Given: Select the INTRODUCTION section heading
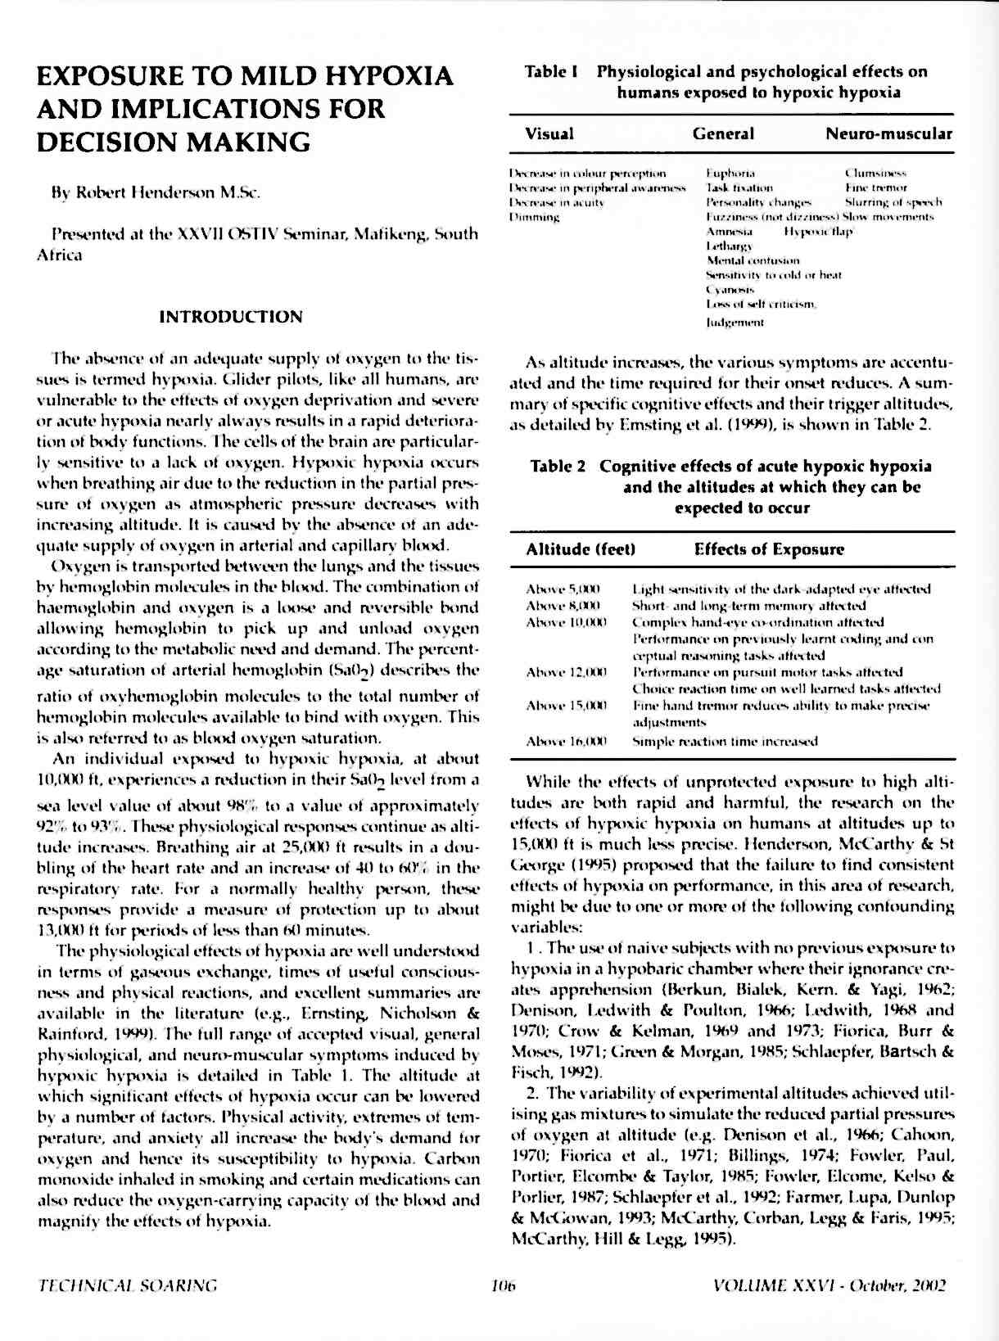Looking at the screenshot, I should pyautogui.click(x=231, y=317).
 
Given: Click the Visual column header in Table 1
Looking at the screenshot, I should pyautogui.click(x=549, y=133).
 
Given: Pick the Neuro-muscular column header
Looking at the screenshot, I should pyautogui.click(x=888, y=133).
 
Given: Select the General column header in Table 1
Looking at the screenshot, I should pyautogui.click(x=723, y=133).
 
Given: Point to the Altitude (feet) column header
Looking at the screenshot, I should pyautogui.click(x=581, y=549).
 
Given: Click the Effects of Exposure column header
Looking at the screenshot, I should pyautogui.click(x=769, y=549).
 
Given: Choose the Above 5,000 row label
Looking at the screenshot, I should pyautogui.click(x=563, y=589).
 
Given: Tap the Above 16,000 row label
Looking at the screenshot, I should pyautogui.click(x=566, y=742).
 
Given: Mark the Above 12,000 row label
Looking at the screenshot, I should pyautogui.click(x=566, y=672).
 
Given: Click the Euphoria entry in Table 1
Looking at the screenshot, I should pyautogui.click(x=730, y=174).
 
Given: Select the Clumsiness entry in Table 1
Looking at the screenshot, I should pyautogui.click(x=875, y=174).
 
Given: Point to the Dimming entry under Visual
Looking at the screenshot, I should pyautogui.click(x=535, y=217).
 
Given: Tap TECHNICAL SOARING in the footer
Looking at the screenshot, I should pyautogui.click(x=128, y=1285).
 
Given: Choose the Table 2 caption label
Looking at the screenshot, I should pyautogui.click(x=558, y=467).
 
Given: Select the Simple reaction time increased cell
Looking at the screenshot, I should pyautogui.click(x=725, y=742).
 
